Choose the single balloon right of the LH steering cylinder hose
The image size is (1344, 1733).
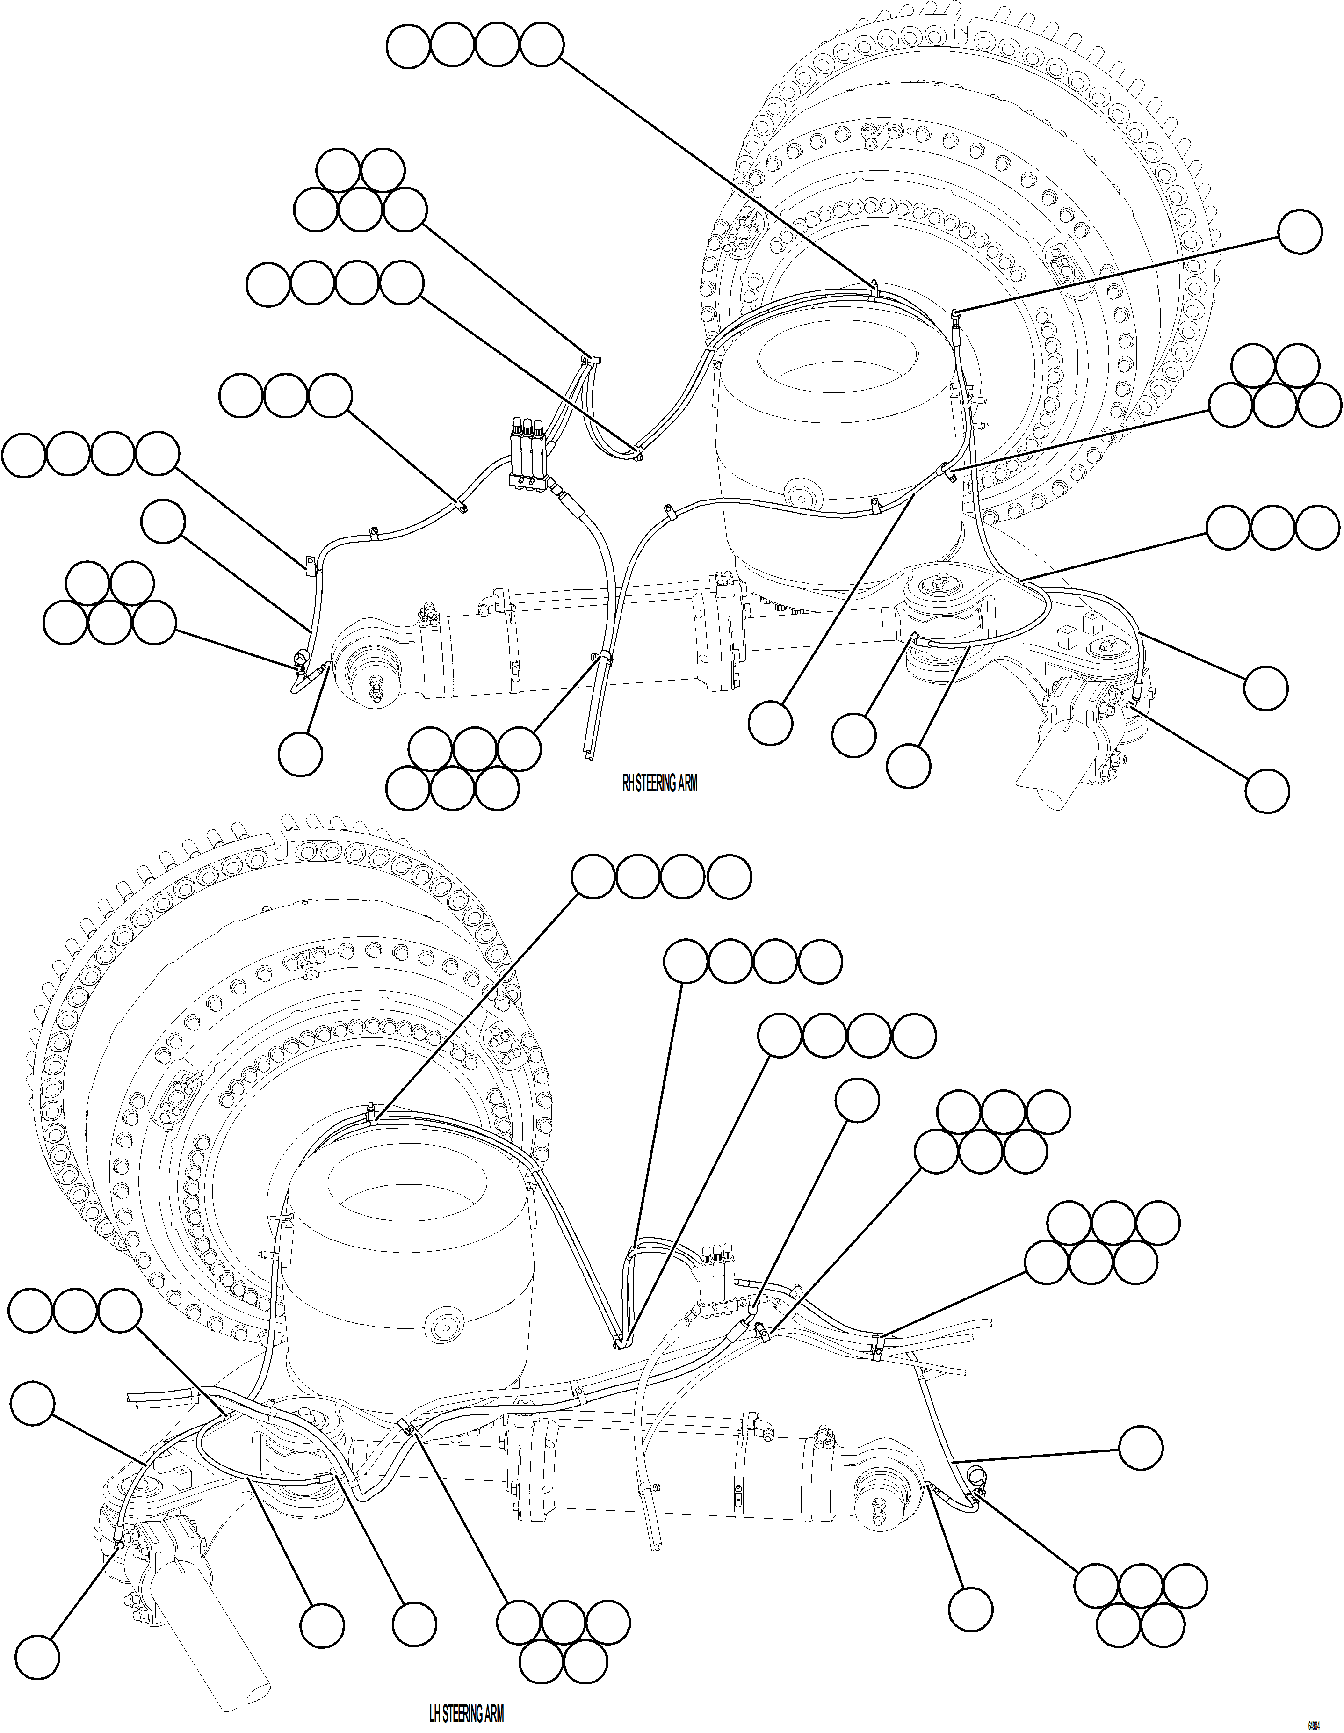[x=1141, y=1448]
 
